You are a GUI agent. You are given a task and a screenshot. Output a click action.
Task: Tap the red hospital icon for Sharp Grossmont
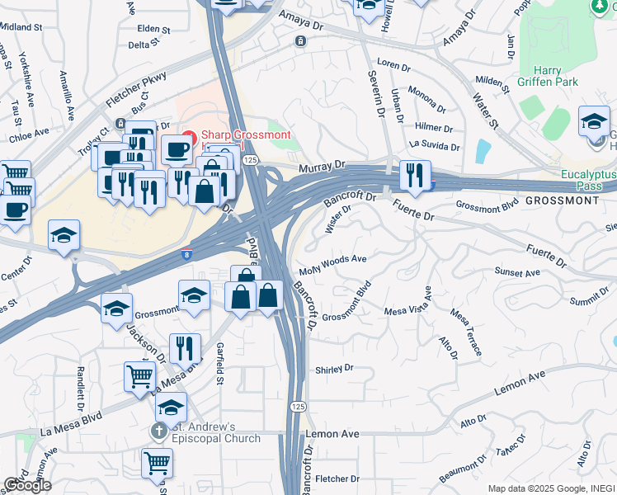[x=188, y=135]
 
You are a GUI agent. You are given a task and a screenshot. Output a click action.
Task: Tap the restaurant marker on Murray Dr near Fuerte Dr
[x=415, y=173]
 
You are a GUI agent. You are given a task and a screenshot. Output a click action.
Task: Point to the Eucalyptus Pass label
[x=588, y=181]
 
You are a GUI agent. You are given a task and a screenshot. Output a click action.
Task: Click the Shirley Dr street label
[x=334, y=369]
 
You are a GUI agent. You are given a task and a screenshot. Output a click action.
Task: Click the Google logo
[x=27, y=485]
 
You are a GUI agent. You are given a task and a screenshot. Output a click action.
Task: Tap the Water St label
[x=485, y=114]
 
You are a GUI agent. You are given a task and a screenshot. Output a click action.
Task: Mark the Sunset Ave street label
[x=517, y=272]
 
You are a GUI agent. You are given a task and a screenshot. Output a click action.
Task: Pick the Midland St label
[x=21, y=27]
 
